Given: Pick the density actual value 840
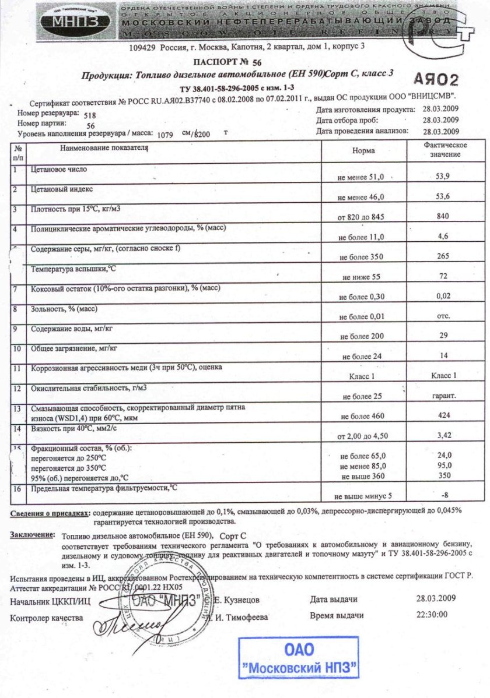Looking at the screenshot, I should [x=443, y=216].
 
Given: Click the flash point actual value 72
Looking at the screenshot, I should [x=443, y=276].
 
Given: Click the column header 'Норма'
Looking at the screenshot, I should [x=363, y=150].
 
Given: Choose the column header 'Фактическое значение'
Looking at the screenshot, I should [x=443, y=149].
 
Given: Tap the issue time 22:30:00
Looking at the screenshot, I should [x=432, y=615].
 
